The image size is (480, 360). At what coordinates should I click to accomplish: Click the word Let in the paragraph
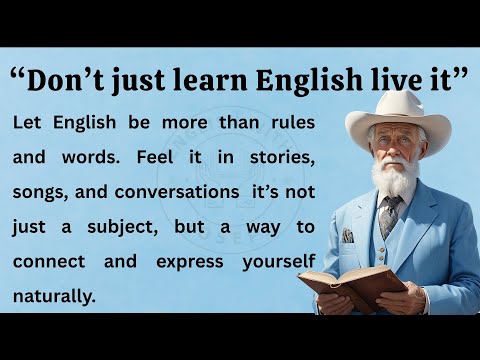30,122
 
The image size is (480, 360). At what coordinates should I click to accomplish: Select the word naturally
55,296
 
